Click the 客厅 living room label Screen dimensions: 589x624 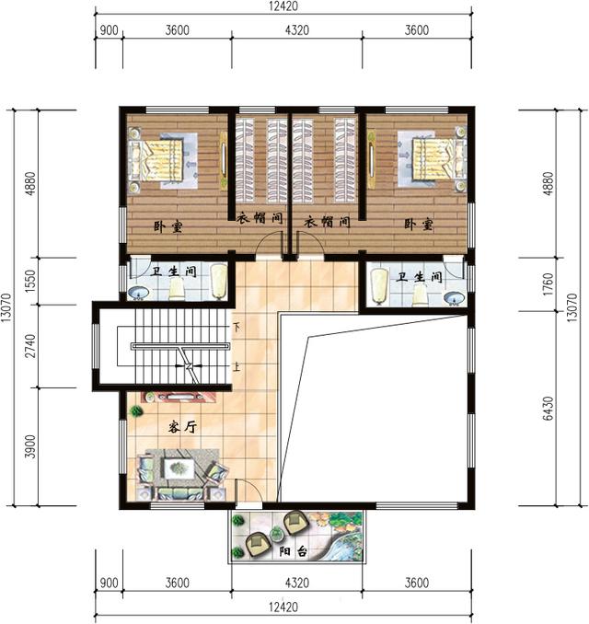(182, 427)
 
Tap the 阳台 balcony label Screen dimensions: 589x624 (294, 552)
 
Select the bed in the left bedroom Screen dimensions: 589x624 (156, 159)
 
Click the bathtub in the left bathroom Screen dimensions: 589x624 (218, 281)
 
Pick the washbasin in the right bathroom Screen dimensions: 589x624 (455, 297)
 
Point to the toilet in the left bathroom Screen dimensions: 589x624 (177, 289)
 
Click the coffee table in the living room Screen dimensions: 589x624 (178, 468)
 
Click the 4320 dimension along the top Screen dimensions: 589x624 (297, 30)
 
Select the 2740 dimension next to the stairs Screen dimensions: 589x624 (30, 346)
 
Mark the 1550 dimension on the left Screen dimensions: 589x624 (30, 281)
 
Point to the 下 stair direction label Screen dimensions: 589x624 (237, 328)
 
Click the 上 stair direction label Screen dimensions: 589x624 (237, 366)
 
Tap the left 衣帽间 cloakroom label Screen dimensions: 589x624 (260, 218)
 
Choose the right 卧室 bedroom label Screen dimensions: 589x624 (419, 224)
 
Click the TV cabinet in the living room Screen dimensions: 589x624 (179, 398)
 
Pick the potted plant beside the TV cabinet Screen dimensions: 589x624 (136, 410)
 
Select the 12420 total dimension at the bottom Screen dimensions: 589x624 (283, 607)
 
